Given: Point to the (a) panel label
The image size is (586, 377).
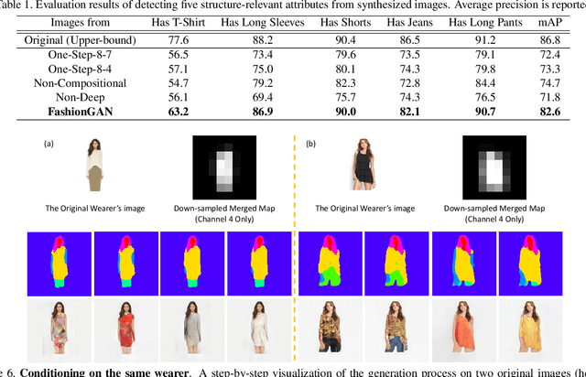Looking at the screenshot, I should (51, 144).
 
